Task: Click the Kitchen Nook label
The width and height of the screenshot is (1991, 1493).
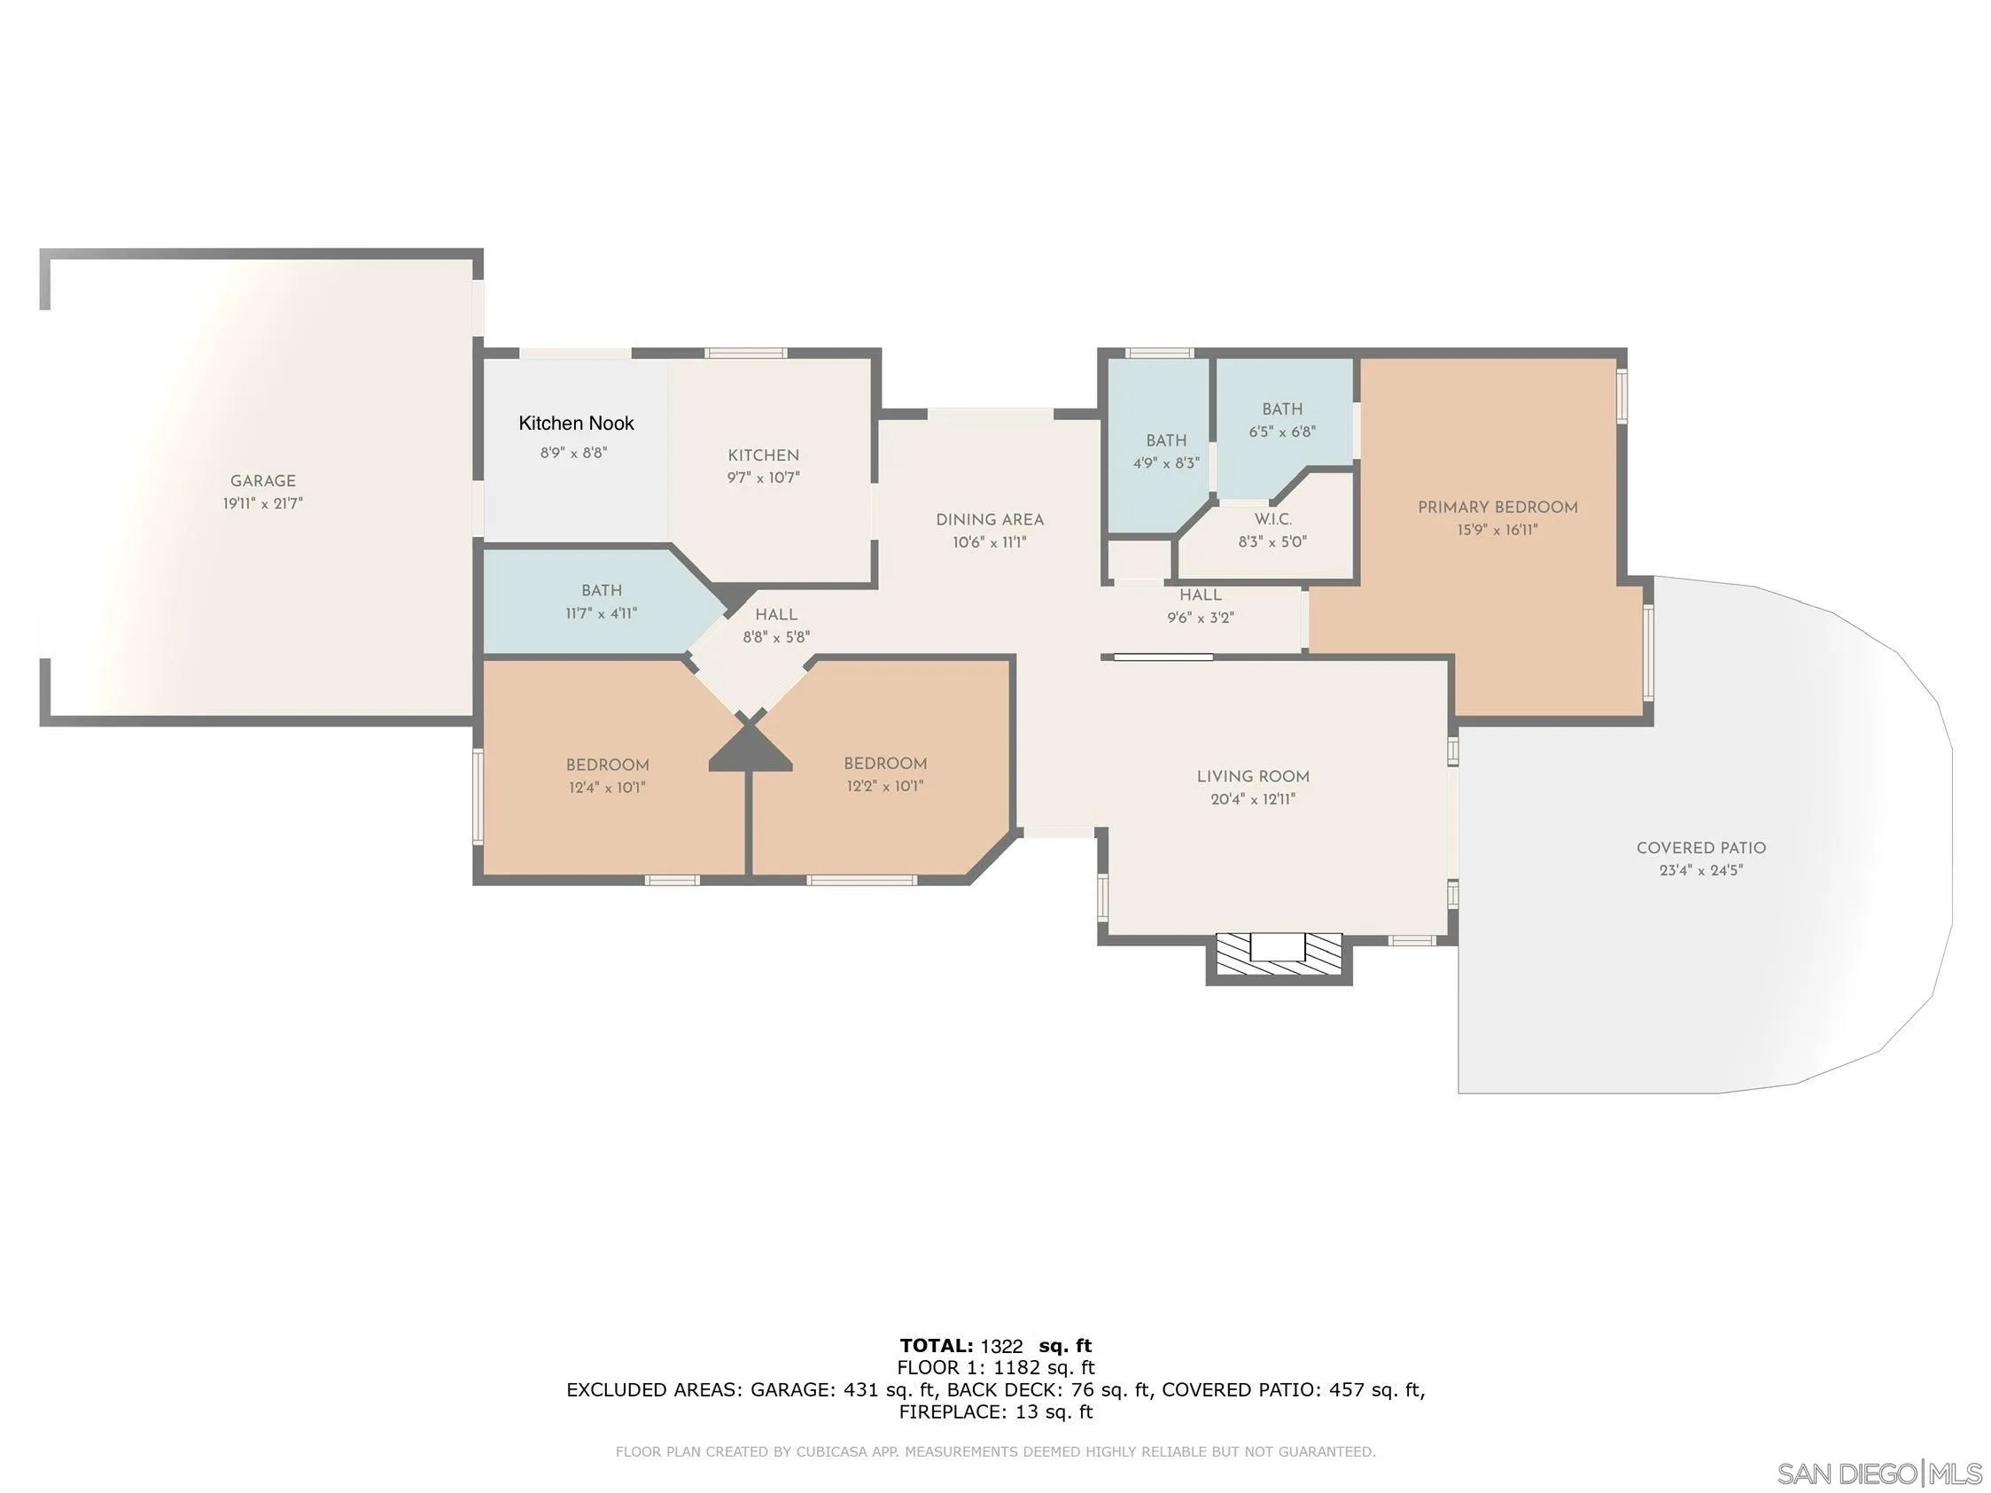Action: [x=576, y=423]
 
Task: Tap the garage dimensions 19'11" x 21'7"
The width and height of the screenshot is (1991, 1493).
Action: [x=263, y=504]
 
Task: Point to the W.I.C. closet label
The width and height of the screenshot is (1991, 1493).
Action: [x=1272, y=519]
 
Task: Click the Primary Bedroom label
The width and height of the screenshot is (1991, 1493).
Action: [x=1497, y=508]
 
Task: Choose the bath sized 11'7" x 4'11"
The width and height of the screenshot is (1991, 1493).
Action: [x=602, y=601]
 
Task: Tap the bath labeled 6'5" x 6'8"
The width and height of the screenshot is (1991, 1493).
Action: [x=1282, y=420]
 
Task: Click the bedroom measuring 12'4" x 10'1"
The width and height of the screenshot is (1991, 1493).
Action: [x=607, y=776]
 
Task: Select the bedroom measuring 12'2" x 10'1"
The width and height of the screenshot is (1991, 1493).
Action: [x=885, y=774]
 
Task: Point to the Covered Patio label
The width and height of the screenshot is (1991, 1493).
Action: [x=1700, y=848]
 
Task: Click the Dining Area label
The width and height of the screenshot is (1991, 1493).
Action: [x=989, y=520]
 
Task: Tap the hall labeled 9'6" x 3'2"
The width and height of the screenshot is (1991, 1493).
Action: [x=1200, y=606]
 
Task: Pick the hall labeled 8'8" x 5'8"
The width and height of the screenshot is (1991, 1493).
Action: [x=776, y=626]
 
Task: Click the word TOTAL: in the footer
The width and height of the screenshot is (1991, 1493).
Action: [x=936, y=1346]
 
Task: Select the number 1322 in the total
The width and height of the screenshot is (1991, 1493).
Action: [x=1001, y=1347]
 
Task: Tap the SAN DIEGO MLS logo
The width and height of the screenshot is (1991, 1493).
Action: [x=1879, y=1474]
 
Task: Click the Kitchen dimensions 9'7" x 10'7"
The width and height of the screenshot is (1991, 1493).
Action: [x=763, y=478]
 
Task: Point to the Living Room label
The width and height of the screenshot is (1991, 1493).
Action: [x=1252, y=777]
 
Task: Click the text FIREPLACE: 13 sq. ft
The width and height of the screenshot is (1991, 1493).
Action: [x=996, y=1412]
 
